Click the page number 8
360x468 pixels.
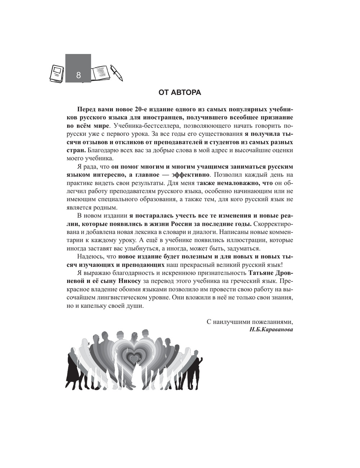point(78,76)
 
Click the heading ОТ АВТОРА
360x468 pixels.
point(180,93)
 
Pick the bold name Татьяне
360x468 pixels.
point(262,273)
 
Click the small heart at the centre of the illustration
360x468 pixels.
point(134,359)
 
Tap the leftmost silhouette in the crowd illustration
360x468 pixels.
point(71,371)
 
